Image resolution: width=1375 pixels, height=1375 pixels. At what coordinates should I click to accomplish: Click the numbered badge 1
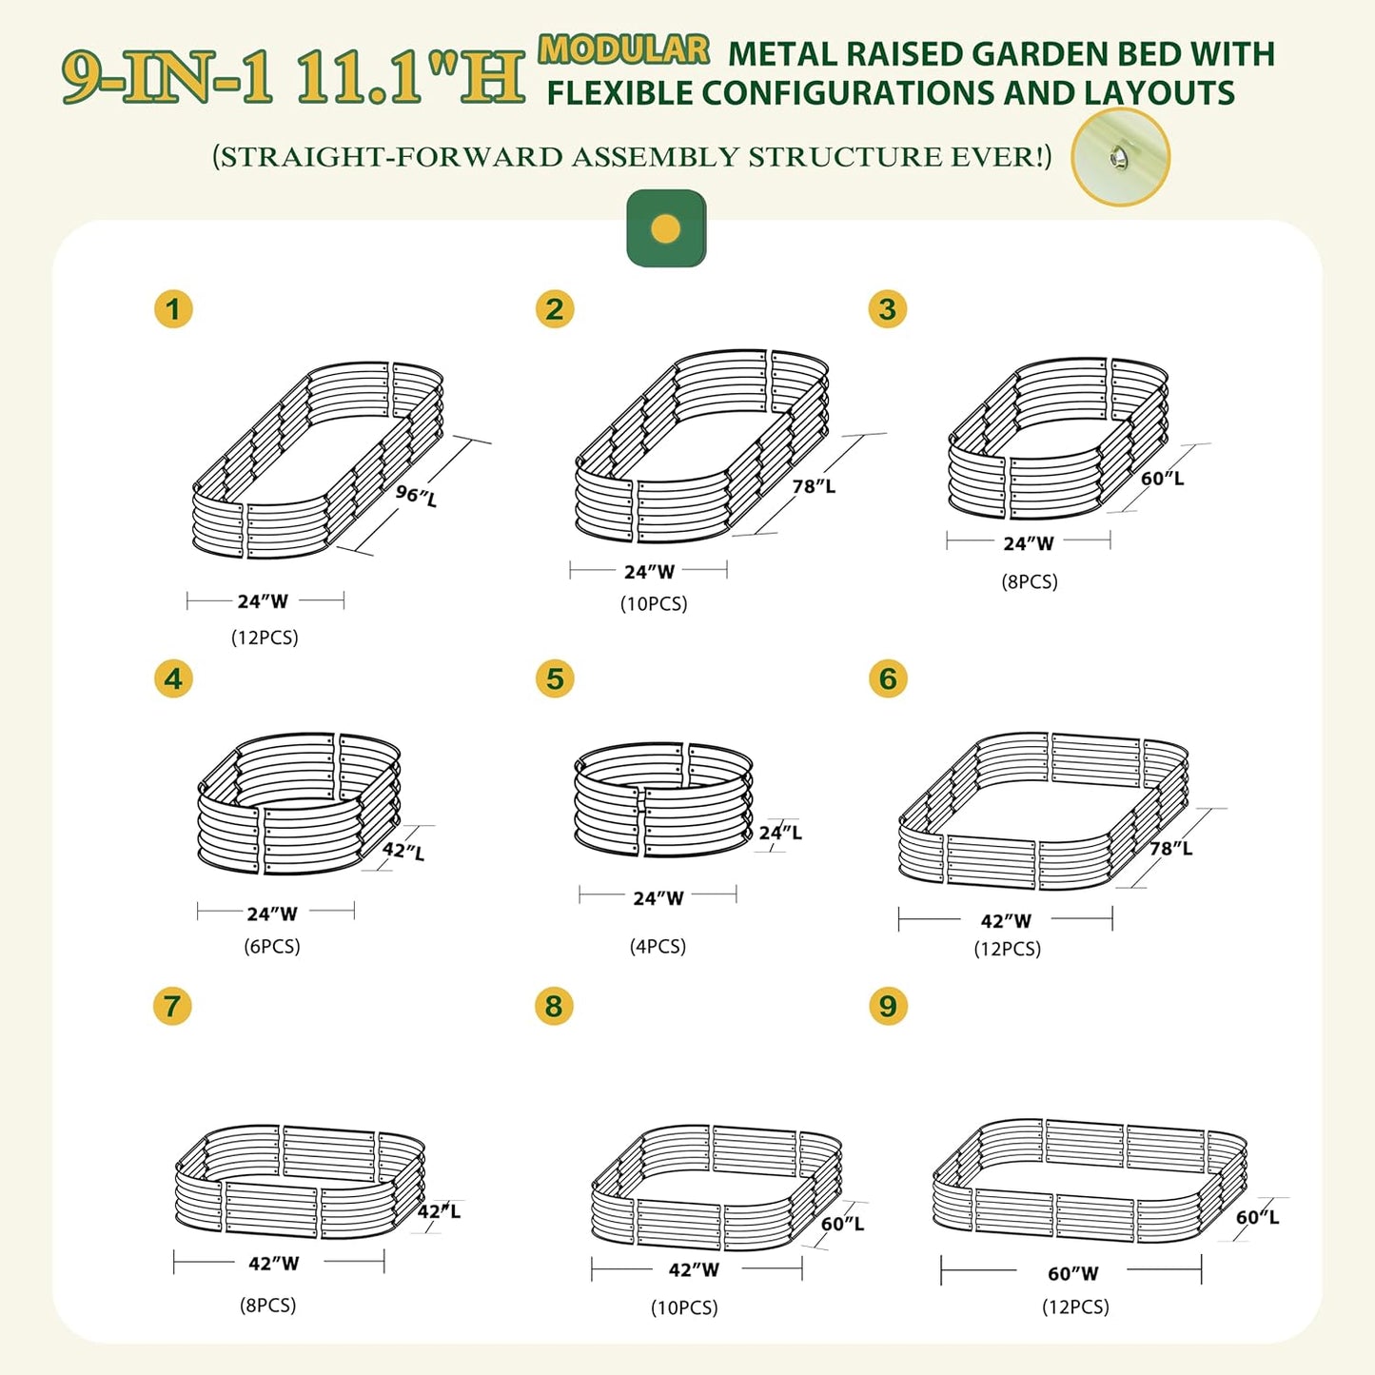[x=173, y=309]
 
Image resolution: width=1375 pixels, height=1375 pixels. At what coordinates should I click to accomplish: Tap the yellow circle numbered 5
[x=555, y=678]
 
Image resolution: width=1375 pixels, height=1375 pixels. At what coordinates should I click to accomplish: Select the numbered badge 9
[x=888, y=1006]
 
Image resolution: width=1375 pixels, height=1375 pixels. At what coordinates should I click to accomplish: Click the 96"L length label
[x=417, y=495]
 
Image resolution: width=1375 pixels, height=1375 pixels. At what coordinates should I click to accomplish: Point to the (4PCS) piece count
[x=658, y=946]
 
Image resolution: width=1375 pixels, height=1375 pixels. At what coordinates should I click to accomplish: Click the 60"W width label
[x=1072, y=1273]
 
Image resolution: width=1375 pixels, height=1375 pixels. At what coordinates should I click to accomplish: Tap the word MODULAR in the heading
[x=623, y=49]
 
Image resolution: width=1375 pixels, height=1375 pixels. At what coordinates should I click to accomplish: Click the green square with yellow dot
[x=666, y=228]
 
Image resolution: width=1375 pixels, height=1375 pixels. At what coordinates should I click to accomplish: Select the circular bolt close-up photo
[x=1120, y=157]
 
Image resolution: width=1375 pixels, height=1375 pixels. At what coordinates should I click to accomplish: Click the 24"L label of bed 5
[x=780, y=833]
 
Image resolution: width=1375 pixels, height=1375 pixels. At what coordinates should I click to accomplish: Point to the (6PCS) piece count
[x=272, y=946]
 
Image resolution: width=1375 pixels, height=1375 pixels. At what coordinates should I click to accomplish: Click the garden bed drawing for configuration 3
[x=1056, y=438]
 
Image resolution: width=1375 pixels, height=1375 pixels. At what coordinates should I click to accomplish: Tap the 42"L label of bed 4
[x=403, y=851]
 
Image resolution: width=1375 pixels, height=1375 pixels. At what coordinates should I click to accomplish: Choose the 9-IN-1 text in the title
[x=167, y=77]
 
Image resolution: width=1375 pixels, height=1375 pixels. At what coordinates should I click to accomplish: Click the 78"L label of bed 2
[x=814, y=486]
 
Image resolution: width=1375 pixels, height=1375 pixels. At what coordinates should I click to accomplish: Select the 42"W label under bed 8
[x=694, y=1269]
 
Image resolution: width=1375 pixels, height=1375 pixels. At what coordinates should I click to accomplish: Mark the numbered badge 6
[x=888, y=678]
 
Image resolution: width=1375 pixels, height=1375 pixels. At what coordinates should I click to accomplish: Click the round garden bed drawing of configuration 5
[x=663, y=799]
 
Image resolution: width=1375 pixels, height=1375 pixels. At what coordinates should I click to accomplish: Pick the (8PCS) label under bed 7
[x=267, y=1305]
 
